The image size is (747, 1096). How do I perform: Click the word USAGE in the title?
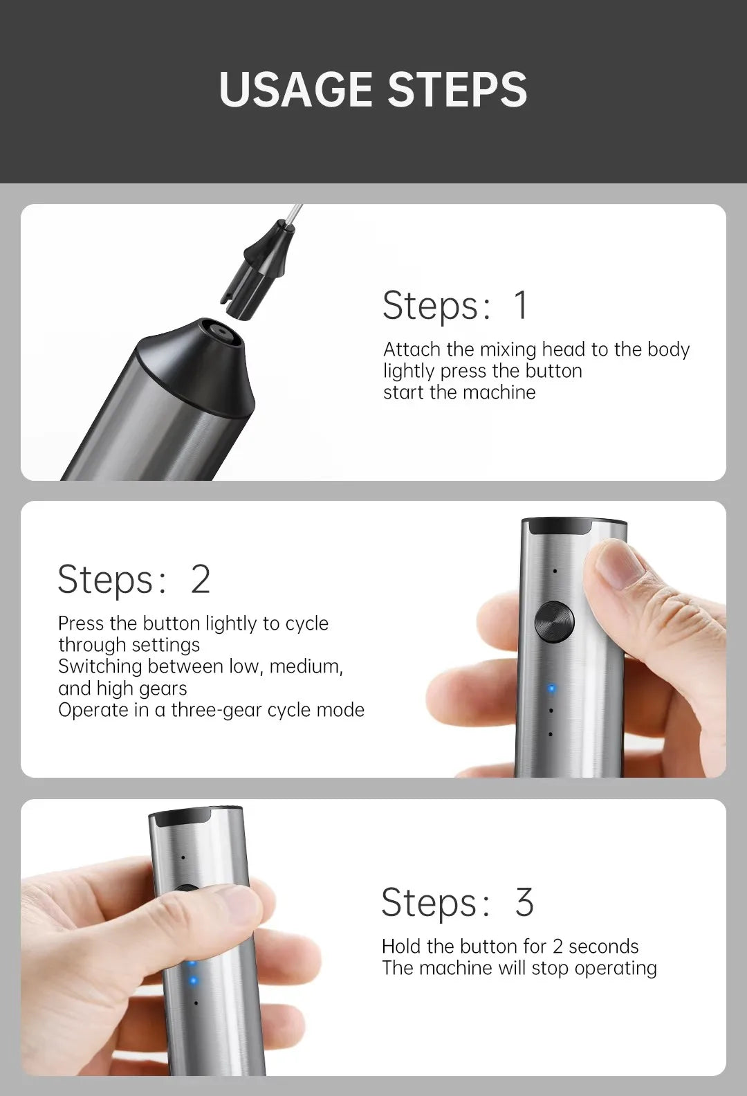point(295,89)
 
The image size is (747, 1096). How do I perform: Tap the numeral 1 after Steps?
point(521,305)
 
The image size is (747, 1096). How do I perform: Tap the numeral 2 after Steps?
point(201,579)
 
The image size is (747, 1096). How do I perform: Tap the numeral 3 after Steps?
point(524,902)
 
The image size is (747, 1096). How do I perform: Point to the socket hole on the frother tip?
point(223,333)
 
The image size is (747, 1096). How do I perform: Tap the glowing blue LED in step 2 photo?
point(551,689)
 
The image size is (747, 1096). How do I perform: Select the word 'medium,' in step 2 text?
point(306,666)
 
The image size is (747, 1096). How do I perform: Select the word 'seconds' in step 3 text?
point(603,947)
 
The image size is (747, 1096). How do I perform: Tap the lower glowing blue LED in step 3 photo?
point(193,980)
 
